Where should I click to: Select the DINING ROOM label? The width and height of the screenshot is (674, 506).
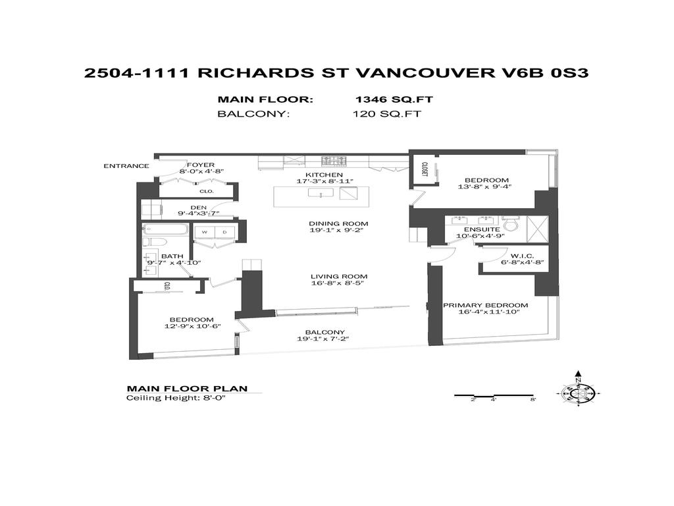339,223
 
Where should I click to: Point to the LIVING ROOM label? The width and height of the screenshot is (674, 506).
339,276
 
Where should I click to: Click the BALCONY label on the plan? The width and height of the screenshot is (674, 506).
323,331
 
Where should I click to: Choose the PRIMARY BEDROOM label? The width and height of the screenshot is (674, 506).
485,305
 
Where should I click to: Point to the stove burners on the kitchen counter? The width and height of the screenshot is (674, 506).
334,160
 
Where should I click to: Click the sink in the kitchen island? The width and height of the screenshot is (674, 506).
322,194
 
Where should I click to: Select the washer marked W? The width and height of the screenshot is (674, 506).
204,232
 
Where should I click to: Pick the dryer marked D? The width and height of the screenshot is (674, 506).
224,232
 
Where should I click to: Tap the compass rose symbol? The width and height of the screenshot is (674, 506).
577,393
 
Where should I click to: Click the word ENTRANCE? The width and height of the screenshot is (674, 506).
126,165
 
